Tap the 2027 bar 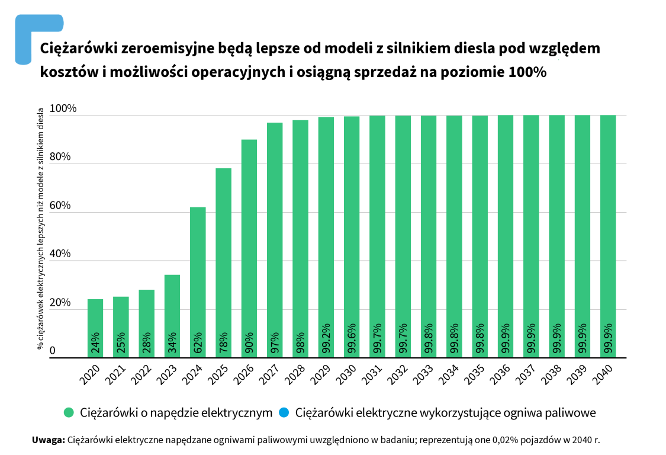pyautogui.click(x=275, y=239)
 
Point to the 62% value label pyautogui.click(x=198, y=343)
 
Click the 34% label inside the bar pyautogui.click(x=172, y=343)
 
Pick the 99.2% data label pyautogui.click(x=326, y=339)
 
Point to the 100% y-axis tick pyautogui.click(x=63, y=109)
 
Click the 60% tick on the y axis pyautogui.click(x=60, y=206)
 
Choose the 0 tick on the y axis pyautogui.click(x=53, y=351)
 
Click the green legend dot pyautogui.click(x=69, y=412)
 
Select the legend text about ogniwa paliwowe pyautogui.click(x=445, y=412)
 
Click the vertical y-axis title pyautogui.click(x=41, y=228)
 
